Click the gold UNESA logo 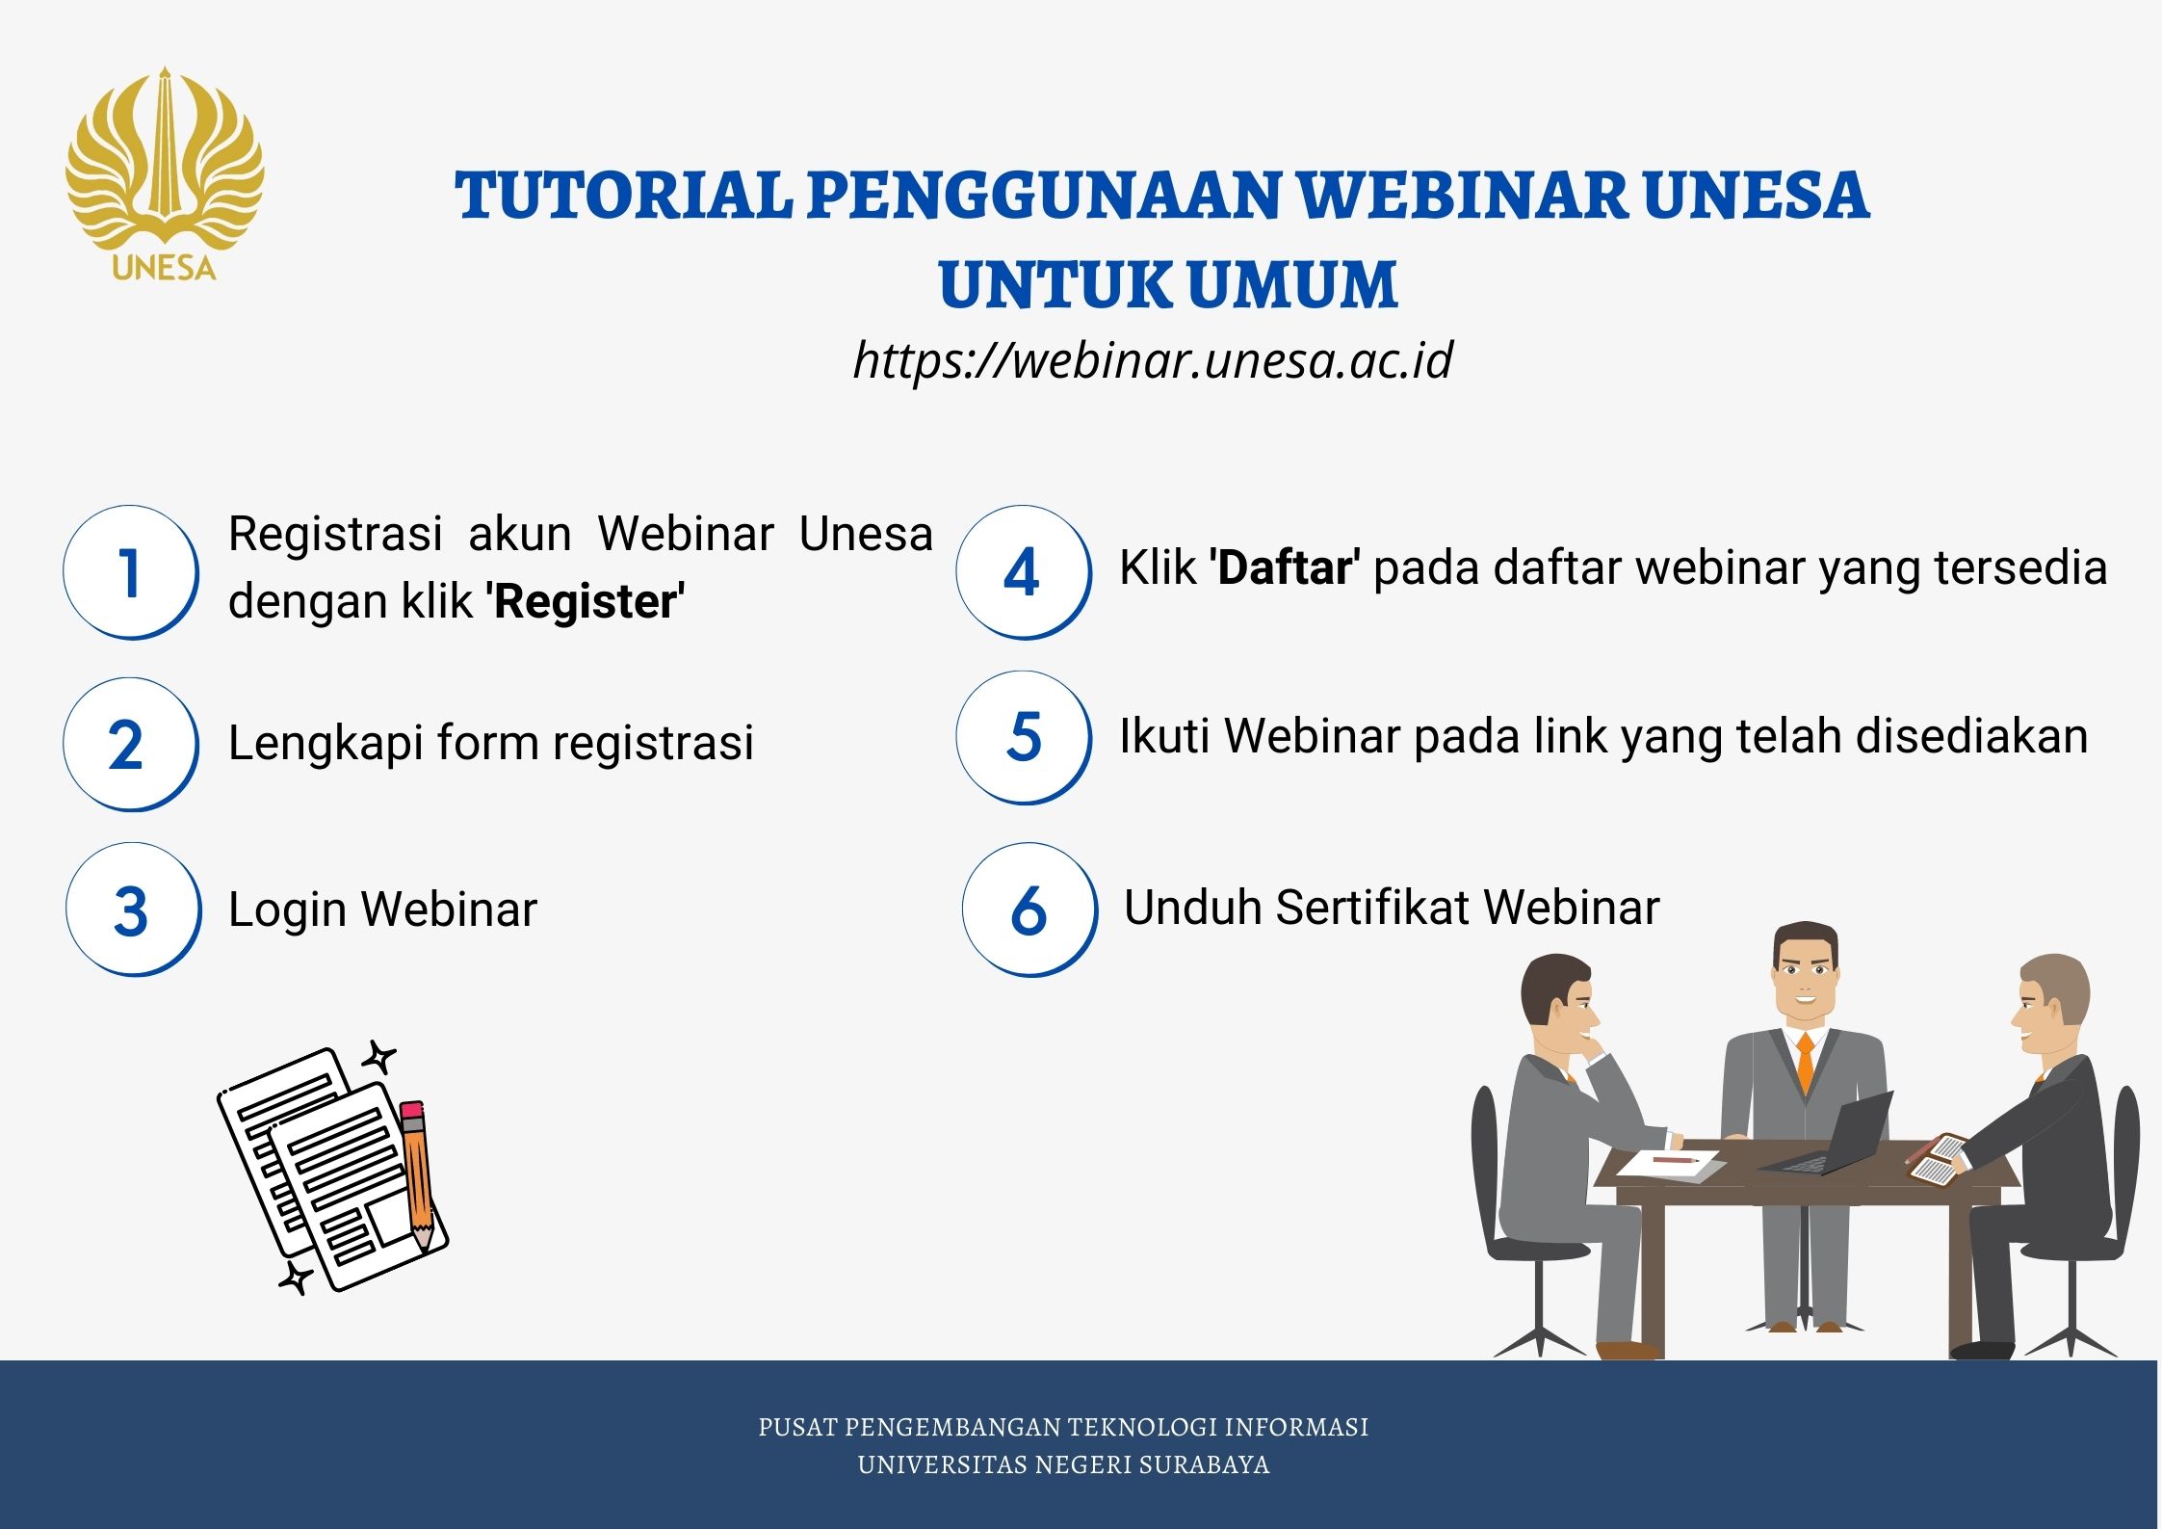(x=165, y=174)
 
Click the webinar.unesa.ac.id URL (x=1153, y=360)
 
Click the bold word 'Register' (x=586, y=602)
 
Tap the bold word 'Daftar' (x=1284, y=567)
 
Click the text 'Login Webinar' (x=382, y=909)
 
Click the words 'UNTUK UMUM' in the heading (x=1167, y=285)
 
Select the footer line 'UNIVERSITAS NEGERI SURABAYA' (x=1063, y=1464)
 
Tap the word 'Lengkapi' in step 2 (x=326, y=744)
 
